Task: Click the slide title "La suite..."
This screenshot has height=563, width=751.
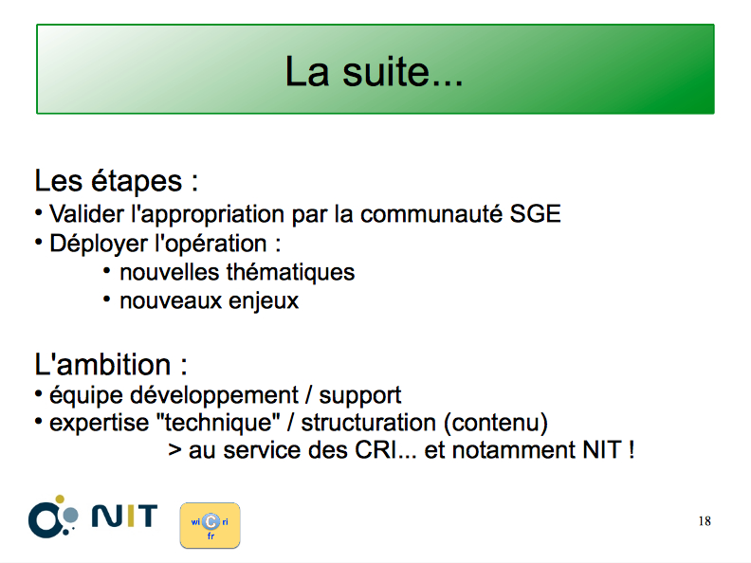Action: [374, 72]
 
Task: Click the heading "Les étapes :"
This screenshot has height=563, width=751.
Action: [117, 181]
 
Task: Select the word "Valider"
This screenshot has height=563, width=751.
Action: [86, 213]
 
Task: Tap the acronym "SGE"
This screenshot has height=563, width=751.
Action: [535, 213]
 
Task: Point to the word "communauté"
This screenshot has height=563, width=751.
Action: [431, 213]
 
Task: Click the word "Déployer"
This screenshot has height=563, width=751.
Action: [99, 245]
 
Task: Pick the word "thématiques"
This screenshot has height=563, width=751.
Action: [290, 272]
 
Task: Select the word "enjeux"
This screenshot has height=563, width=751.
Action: [264, 301]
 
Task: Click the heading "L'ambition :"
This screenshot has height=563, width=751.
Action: [111, 364]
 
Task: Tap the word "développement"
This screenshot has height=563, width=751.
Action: [214, 395]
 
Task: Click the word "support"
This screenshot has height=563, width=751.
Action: [360, 396]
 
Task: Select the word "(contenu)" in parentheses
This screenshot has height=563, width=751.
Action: [496, 423]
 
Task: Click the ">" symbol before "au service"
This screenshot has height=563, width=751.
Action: [174, 450]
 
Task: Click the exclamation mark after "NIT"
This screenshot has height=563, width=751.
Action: [632, 450]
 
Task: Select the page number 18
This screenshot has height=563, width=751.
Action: [705, 521]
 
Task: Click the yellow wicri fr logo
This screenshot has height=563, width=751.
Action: [211, 525]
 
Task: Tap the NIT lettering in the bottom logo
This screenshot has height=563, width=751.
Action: [124, 516]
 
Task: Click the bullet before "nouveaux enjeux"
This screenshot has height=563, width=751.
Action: [107, 300]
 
